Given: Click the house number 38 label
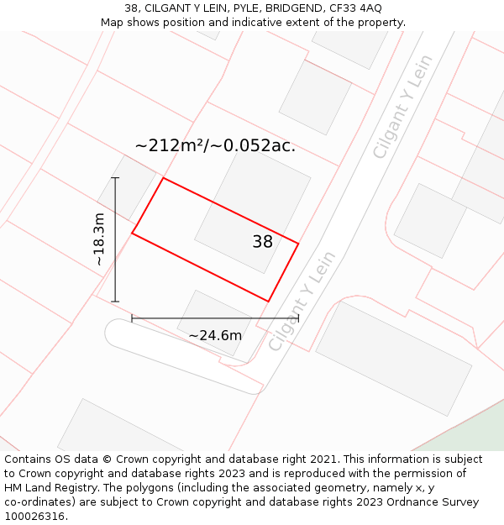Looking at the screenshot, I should [x=262, y=242].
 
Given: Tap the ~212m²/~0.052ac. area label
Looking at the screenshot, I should [x=215, y=145].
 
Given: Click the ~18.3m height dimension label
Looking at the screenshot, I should [x=99, y=239].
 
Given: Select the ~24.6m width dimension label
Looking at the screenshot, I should [x=215, y=335].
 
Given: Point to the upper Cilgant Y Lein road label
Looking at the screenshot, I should [x=402, y=106].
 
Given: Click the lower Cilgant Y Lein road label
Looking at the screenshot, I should [x=302, y=301].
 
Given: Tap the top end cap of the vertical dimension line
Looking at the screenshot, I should [x=115, y=178].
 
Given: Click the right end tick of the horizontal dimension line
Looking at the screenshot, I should [x=298, y=318].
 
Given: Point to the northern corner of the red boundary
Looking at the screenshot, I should [x=163, y=178].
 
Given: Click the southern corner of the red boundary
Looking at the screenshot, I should [x=268, y=301].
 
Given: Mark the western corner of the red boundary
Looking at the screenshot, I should [x=132, y=233].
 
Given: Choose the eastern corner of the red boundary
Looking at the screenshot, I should [x=298, y=244].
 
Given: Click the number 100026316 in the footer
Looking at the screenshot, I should [x=34, y=517].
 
